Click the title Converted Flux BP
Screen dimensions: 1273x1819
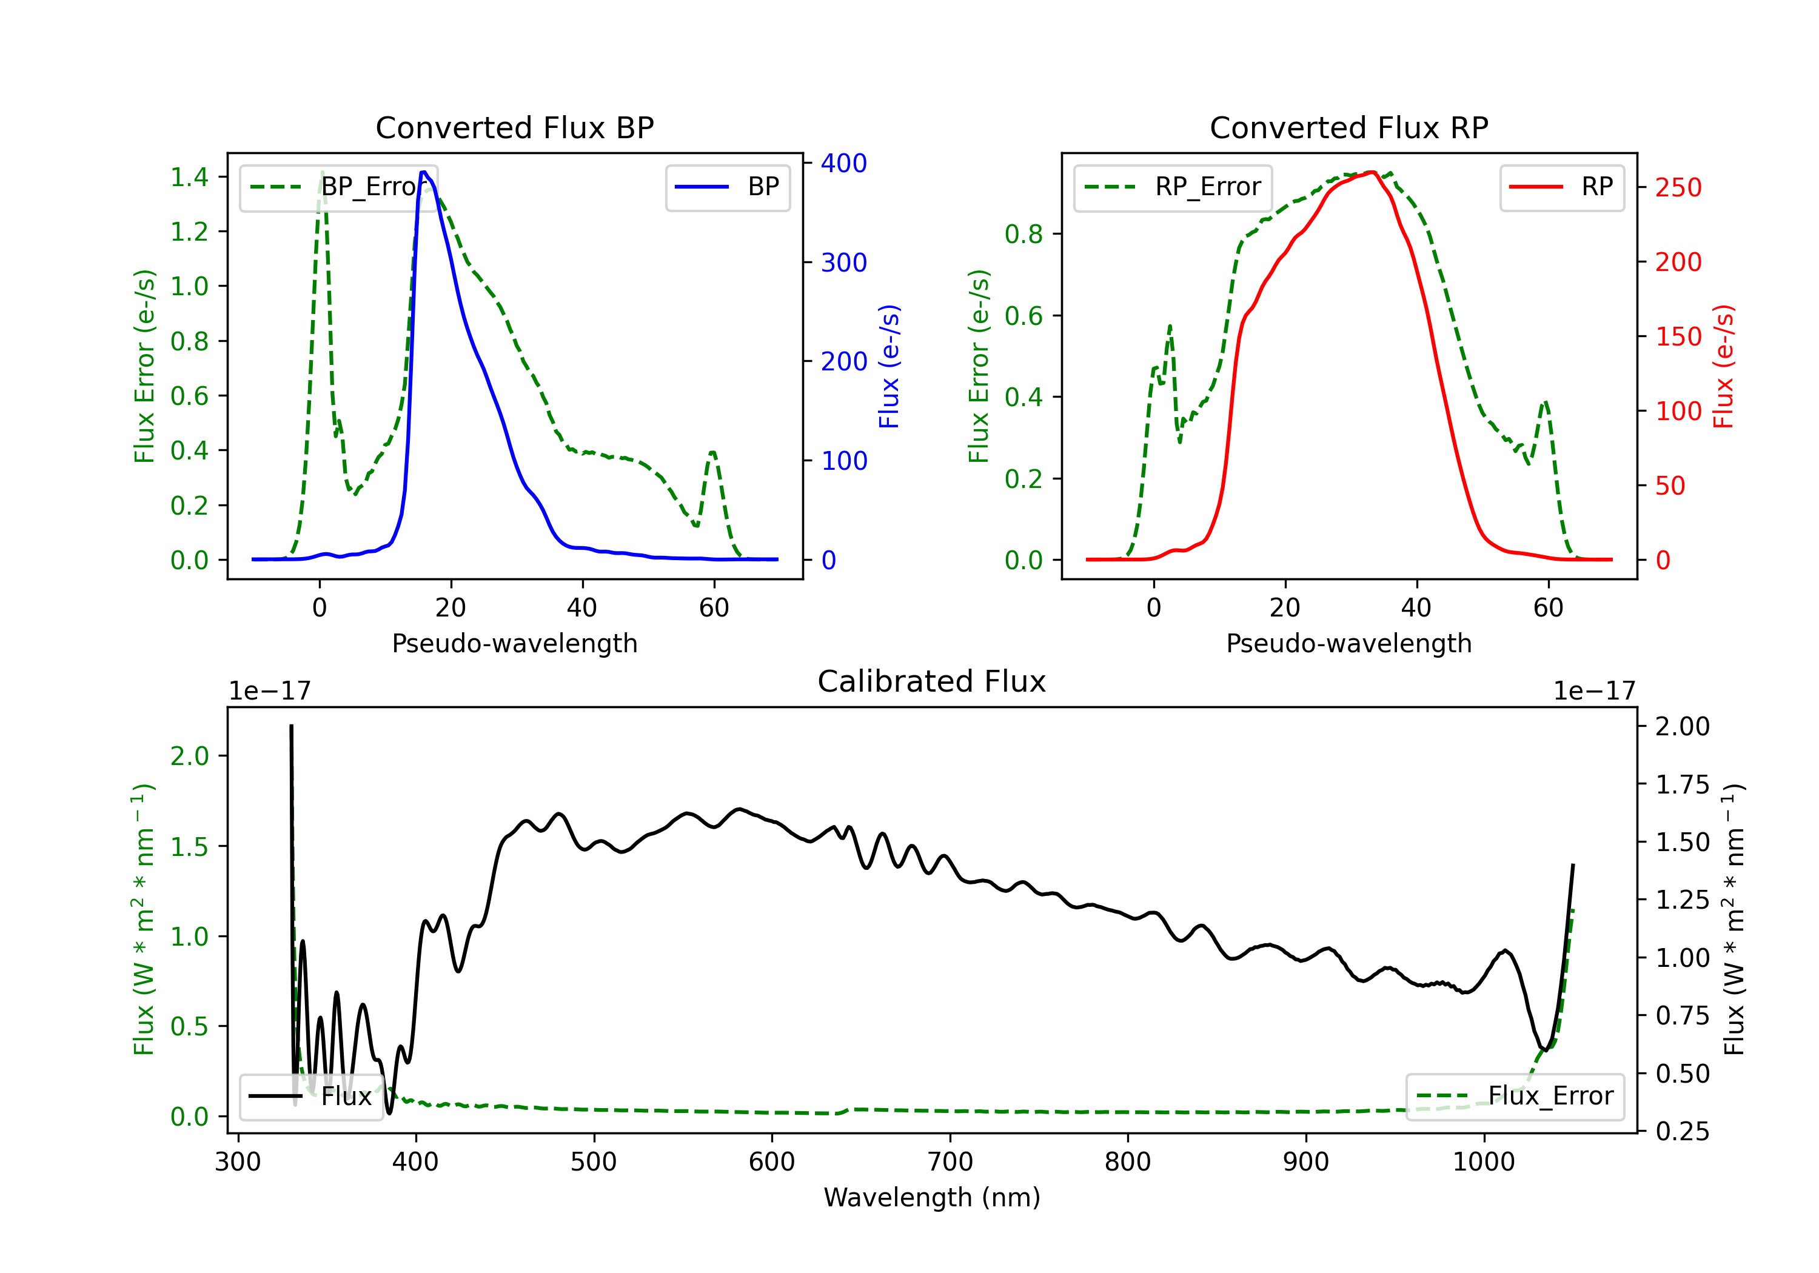pos(514,127)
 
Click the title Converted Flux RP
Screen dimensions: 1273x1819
pos(1348,127)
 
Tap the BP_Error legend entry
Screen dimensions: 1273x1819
pos(338,187)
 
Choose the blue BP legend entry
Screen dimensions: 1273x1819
pos(727,187)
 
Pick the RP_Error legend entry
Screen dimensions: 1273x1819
pos(1173,187)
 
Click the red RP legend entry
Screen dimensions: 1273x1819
pos(1561,187)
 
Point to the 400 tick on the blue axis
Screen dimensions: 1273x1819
pos(843,163)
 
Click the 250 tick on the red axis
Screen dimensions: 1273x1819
pos(1678,188)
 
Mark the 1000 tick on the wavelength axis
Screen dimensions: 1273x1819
pos(1483,1162)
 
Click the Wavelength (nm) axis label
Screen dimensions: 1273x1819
pos(932,1198)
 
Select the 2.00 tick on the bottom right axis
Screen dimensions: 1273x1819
pos(1683,726)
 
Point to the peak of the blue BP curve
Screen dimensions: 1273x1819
pos(424,172)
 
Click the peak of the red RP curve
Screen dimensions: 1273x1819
pos(1372,172)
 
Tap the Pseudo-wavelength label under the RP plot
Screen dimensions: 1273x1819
pos(1348,643)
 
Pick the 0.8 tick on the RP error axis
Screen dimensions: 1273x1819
pos(1023,235)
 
